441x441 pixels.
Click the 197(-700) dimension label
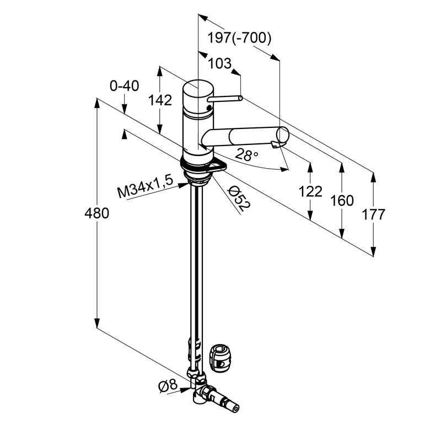(239, 37)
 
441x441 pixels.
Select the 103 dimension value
(219, 63)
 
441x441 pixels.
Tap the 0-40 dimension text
(124, 86)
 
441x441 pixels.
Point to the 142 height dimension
(160, 100)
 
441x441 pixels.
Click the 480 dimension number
(97, 213)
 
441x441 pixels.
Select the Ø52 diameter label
(239, 198)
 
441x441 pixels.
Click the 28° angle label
(246, 154)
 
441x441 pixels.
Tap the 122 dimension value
(310, 191)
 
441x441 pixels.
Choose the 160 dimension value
(342, 201)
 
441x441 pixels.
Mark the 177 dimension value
(373, 214)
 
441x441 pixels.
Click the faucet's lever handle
(225, 99)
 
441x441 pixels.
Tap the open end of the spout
(283, 135)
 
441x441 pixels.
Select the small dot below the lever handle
(208, 107)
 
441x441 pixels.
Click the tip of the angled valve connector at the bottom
(238, 410)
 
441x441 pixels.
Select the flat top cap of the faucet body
(198, 88)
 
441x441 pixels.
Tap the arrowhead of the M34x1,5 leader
(185, 185)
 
